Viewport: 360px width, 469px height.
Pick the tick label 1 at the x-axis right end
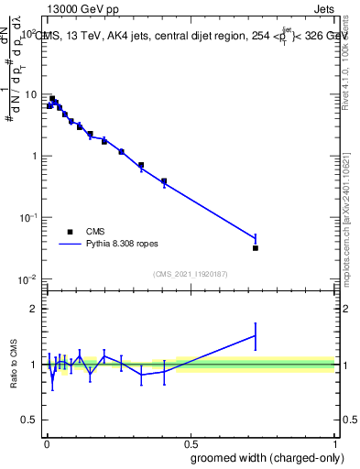click(x=335, y=443)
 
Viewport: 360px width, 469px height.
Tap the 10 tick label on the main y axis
click(x=31, y=94)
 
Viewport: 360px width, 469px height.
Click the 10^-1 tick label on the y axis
click(x=27, y=217)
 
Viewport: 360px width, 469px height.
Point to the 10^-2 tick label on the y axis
click(x=27, y=278)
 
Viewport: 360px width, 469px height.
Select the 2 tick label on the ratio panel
click(x=33, y=309)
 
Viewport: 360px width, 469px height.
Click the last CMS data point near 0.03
click(x=256, y=247)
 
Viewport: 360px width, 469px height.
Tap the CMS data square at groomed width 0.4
click(x=164, y=180)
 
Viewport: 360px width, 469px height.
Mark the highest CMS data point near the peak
click(x=52, y=99)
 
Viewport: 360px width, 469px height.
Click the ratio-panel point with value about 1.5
click(x=256, y=335)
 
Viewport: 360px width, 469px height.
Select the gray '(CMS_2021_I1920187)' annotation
click(x=189, y=273)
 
